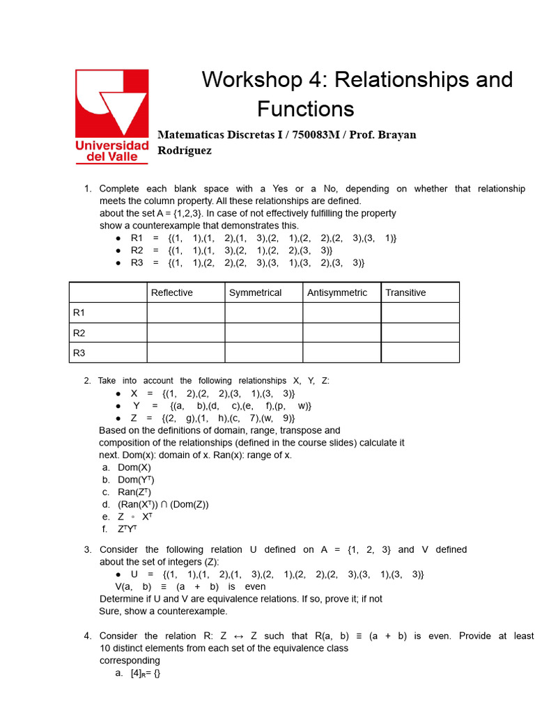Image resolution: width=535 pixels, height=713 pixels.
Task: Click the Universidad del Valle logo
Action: point(112,116)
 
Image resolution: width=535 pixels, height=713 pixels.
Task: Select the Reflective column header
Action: point(171,292)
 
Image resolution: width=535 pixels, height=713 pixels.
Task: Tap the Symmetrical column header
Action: point(255,292)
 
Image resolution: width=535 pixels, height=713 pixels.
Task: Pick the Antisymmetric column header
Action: point(337,292)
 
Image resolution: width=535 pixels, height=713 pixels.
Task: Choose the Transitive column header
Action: point(405,292)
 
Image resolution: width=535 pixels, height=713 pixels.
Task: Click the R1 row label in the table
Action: point(79,313)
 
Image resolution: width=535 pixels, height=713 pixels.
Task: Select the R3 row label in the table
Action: point(79,353)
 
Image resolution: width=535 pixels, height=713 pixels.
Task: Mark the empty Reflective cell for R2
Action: point(185,333)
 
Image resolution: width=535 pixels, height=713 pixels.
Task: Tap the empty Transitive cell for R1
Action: point(420,313)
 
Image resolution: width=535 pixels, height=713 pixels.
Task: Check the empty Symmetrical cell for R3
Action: point(263,353)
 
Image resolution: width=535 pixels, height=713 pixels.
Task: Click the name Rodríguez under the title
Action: point(185,150)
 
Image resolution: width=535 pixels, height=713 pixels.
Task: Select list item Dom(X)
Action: point(134,468)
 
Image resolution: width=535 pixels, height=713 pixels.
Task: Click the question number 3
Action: point(87,549)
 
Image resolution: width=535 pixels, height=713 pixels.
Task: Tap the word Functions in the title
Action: point(305,109)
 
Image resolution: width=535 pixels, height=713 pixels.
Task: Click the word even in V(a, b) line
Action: point(256,586)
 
